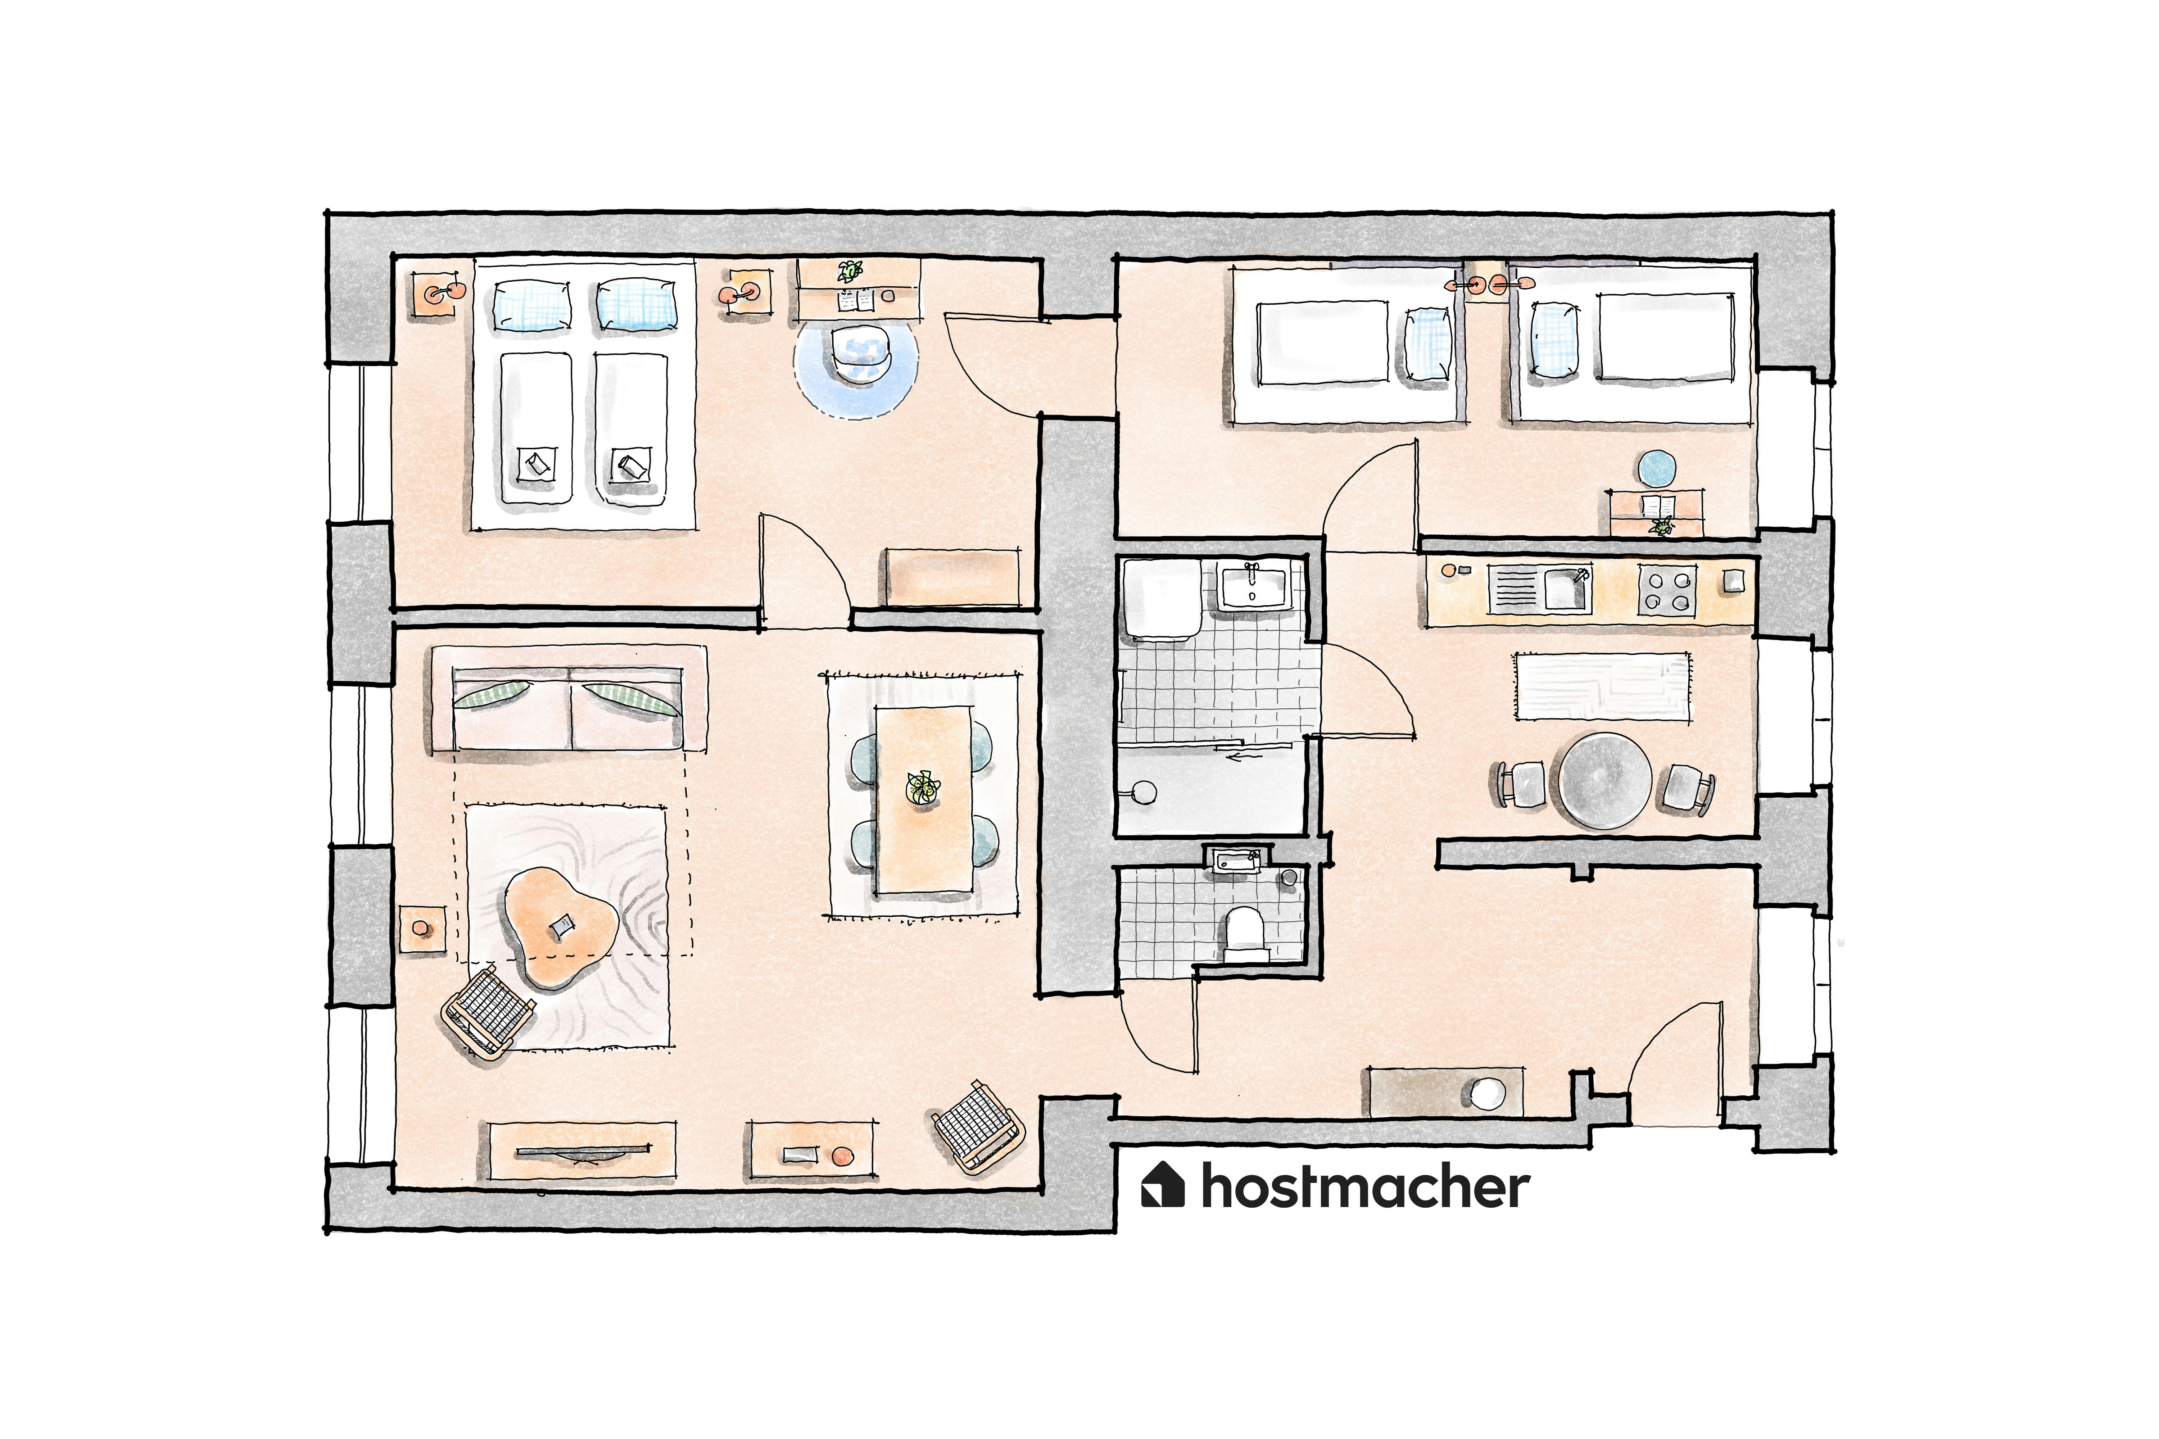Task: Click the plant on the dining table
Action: coord(923,787)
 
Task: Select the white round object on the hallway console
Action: coord(1487,1094)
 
